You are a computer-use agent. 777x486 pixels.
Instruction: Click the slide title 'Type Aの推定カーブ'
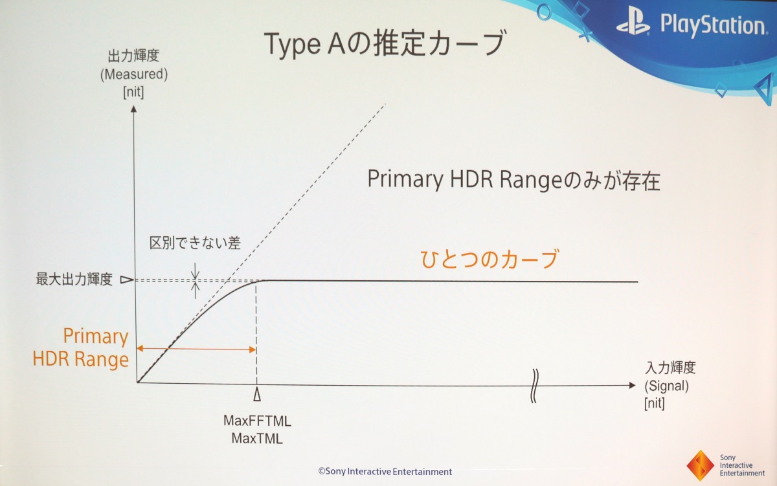[385, 43]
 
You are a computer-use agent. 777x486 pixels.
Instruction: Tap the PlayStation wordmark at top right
[714, 25]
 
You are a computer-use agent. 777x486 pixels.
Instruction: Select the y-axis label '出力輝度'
[133, 56]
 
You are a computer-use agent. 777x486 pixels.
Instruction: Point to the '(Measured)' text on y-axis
[134, 74]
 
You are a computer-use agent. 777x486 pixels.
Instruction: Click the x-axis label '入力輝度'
[670, 368]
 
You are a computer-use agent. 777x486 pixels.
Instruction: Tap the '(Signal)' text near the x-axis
[666, 386]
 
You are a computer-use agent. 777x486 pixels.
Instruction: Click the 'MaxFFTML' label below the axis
[257, 421]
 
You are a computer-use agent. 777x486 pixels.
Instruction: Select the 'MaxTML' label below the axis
[257, 439]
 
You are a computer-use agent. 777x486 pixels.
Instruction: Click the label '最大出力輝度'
[74, 279]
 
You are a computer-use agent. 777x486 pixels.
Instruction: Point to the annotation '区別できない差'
[195, 243]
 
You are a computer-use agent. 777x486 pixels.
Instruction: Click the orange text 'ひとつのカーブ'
[489, 259]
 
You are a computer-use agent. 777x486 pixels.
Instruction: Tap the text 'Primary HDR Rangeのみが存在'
[513, 180]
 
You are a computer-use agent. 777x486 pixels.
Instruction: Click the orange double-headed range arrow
[196, 349]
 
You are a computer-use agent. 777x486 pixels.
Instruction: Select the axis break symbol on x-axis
[535, 386]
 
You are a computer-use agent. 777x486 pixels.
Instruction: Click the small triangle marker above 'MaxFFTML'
[257, 395]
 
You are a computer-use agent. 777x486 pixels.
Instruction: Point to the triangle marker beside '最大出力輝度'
[127, 280]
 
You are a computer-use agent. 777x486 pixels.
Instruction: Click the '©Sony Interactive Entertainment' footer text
[385, 472]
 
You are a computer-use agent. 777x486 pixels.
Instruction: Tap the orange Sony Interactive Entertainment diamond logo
[701, 465]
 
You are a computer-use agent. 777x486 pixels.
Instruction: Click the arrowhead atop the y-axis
[133, 109]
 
